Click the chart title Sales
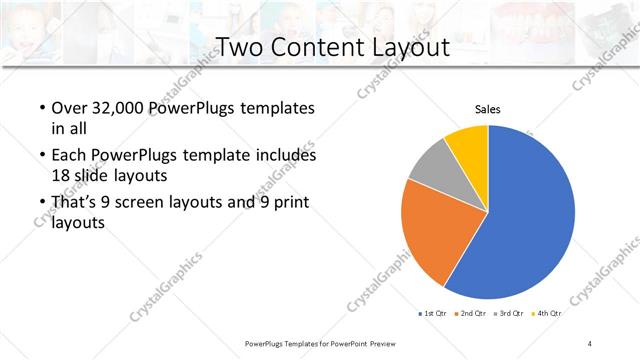tap(487, 110)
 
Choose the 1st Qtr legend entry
tap(432, 314)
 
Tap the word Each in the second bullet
tap(67, 156)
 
